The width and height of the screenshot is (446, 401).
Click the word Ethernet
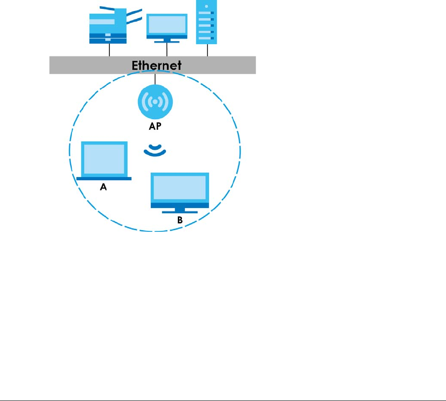click(x=156, y=65)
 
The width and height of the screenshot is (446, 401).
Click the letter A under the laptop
click(x=104, y=187)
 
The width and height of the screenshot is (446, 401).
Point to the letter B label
click(x=180, y=220)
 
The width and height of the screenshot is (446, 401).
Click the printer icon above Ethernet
click(x=108, y=27)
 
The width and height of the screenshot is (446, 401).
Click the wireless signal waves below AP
click(x=155, y=151)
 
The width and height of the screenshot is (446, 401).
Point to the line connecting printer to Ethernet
click(x=109, y=49)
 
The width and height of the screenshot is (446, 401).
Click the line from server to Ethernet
click(x=207, y=50)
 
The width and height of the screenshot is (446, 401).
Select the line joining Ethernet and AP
click(x=155, y=79)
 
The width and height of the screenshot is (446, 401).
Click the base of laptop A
click(x=104, y=178)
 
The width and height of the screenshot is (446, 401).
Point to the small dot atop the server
click(x=207, y=7)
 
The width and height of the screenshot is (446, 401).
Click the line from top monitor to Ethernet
click(x=167, y=49)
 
